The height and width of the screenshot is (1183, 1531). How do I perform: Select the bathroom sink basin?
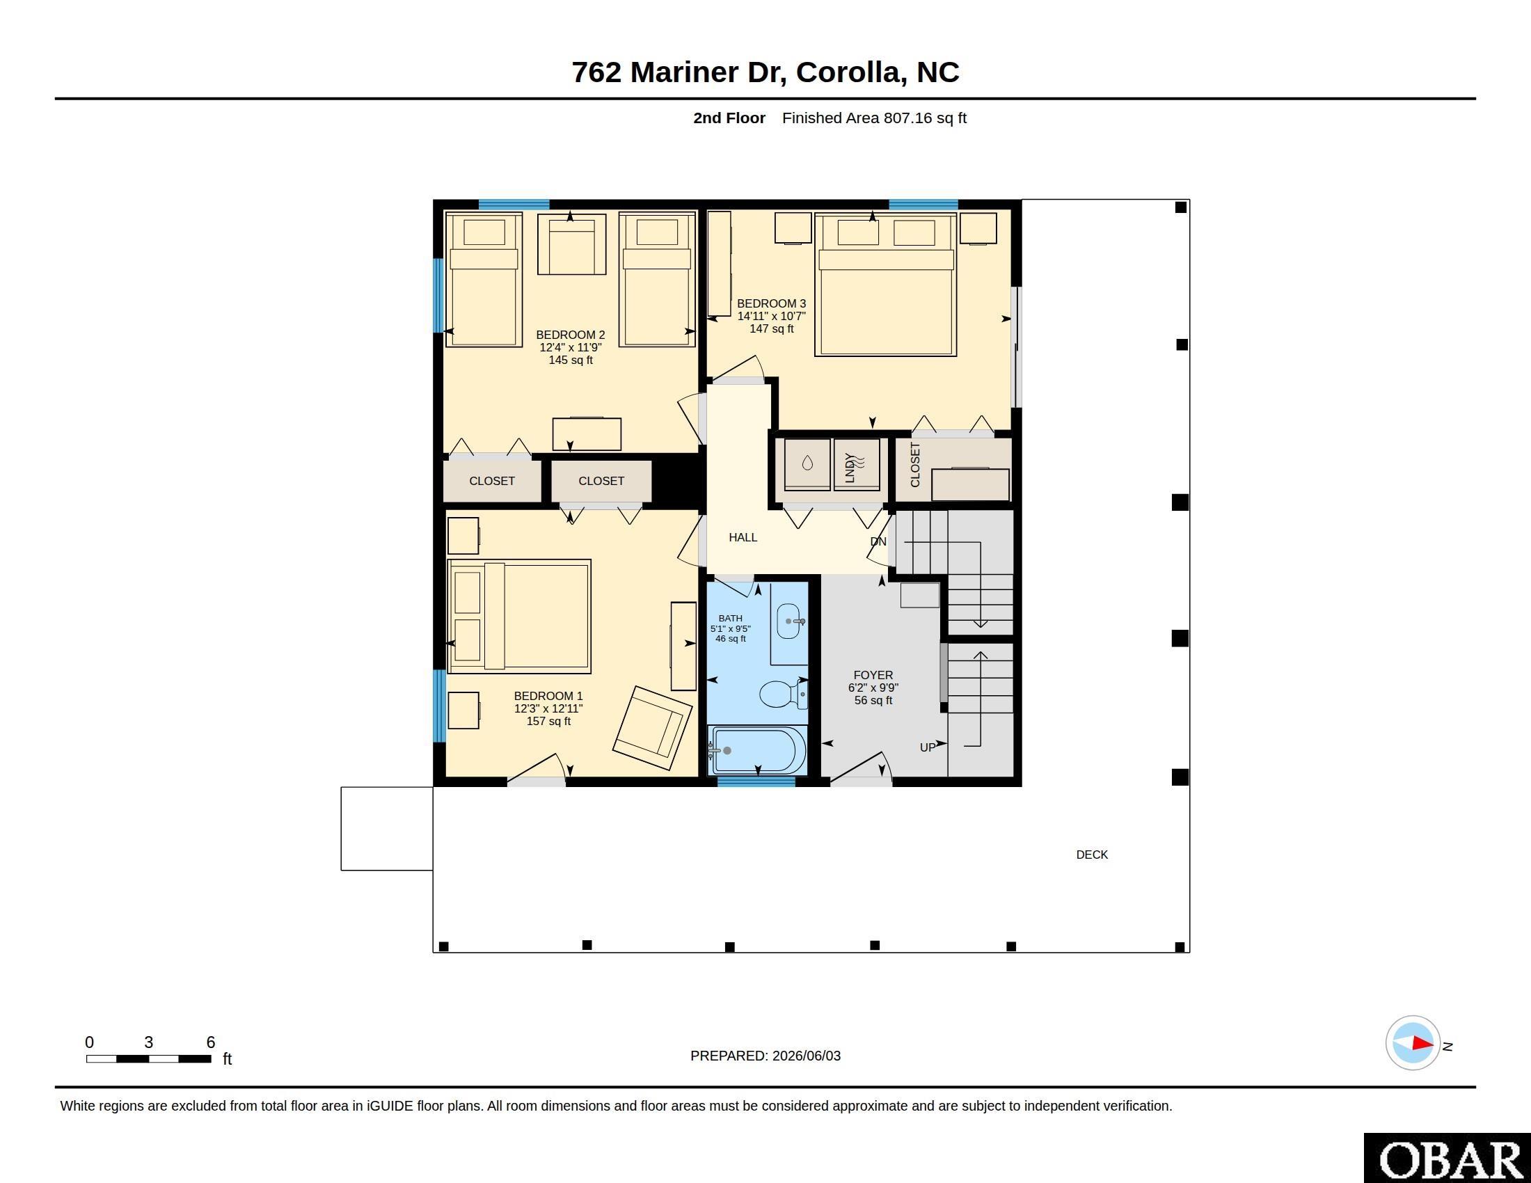coord(788,621)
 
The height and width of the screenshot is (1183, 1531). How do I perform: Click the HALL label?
coord(743,537)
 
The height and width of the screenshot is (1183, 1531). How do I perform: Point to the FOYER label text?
coord(873,675)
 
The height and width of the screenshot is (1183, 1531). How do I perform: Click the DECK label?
coord(1092,855)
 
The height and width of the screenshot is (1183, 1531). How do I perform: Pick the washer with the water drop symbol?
coord(807,464)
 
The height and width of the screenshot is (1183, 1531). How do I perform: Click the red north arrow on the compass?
coord(1422,1043)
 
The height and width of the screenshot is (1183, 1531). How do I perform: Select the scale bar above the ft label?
coord(149,1058)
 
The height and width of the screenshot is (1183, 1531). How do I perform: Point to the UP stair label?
coord(927,748)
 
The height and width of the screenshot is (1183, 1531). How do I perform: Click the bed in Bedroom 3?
coord(886,285)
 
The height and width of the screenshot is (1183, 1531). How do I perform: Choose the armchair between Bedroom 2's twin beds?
coord(571,244)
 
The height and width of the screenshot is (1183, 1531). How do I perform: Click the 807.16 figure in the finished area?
coord(907,118)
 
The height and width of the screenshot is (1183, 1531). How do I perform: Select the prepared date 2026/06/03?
coord(806,1056)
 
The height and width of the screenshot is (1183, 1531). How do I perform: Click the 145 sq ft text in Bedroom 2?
coord(571,360)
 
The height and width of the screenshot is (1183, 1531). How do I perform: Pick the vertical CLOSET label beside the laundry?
coord(915,465)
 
